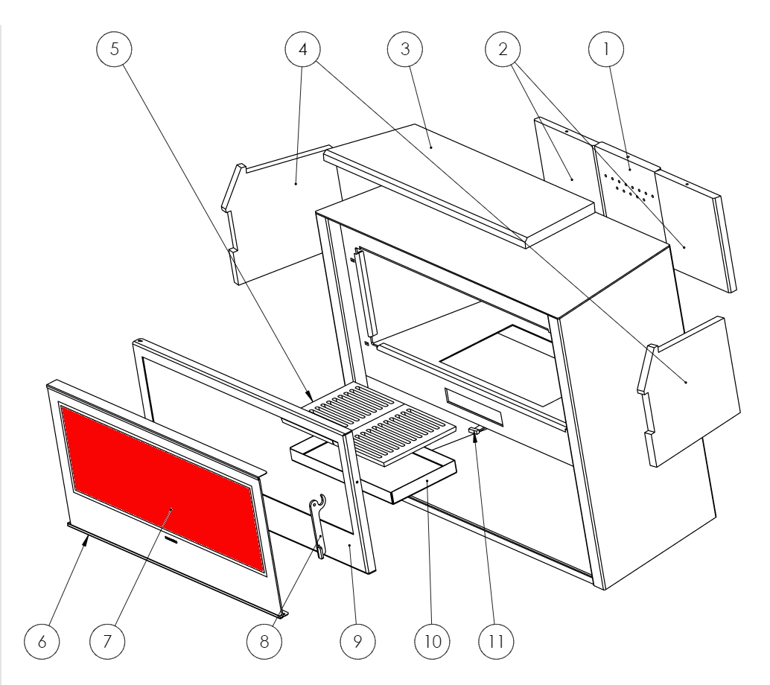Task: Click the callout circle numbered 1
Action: [x=606, y=49]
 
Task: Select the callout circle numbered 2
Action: [x=503, y=49]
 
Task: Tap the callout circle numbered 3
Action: [x=405, y=49]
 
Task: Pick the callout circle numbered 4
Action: [x=303, y=49]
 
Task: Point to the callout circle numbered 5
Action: [x=115, y=49]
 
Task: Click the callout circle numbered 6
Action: [x=42, y=641]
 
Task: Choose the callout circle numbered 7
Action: [x=107, y=641]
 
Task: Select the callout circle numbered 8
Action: [x=264, y=641]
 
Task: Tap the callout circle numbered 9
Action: [x=357, y=641]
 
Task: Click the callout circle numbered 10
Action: [x=432, y=641]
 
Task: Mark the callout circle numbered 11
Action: [x=496, y=641]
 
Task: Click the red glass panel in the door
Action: [x=162, y=490]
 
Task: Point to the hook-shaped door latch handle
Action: [x=318, y=526]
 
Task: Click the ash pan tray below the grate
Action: [x=374, y=471]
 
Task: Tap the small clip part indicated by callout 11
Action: [x=475, y=430]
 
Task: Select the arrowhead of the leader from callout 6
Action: [x=87, y=540]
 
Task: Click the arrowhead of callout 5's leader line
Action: [x=309, y=395]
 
